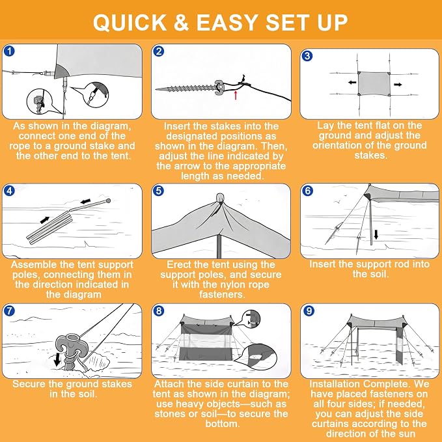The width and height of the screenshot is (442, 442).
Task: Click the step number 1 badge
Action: pos(10,51)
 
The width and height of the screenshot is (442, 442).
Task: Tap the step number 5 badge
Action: pos(159,191)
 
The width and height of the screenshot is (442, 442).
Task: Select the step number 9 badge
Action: pos(309,311)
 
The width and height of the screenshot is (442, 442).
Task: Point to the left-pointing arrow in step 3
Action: pos(352,83)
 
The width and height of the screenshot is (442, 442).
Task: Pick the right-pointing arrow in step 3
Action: pos(398,84)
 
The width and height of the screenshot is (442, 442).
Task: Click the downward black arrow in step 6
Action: pos(376,234)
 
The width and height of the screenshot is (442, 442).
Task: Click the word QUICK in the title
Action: pos(130,22)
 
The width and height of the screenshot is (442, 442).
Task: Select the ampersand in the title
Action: pos(181,22)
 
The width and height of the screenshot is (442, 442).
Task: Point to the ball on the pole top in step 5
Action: pos(220,198)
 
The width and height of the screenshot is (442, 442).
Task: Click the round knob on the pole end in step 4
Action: pos(108,200)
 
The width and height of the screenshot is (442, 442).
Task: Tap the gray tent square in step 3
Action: pos(374,84)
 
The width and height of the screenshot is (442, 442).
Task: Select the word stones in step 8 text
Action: pos(169,414)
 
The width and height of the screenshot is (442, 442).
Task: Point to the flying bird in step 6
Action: pos(338,202)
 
